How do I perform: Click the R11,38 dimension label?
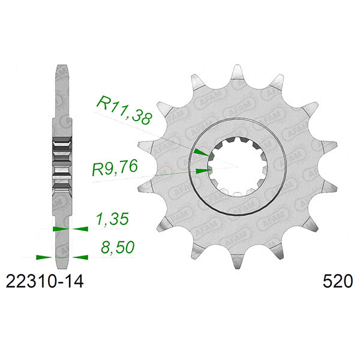point(124,110)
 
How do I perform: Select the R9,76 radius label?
point(115,167)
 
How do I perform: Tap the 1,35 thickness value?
point(113,219)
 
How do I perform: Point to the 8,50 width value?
point(118,247)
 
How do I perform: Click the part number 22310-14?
point(44,281)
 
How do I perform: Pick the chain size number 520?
point(337,281)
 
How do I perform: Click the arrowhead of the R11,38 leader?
point(203,152)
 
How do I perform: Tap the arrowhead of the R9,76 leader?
point(203,170)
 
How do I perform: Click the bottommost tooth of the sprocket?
point(238,261)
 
